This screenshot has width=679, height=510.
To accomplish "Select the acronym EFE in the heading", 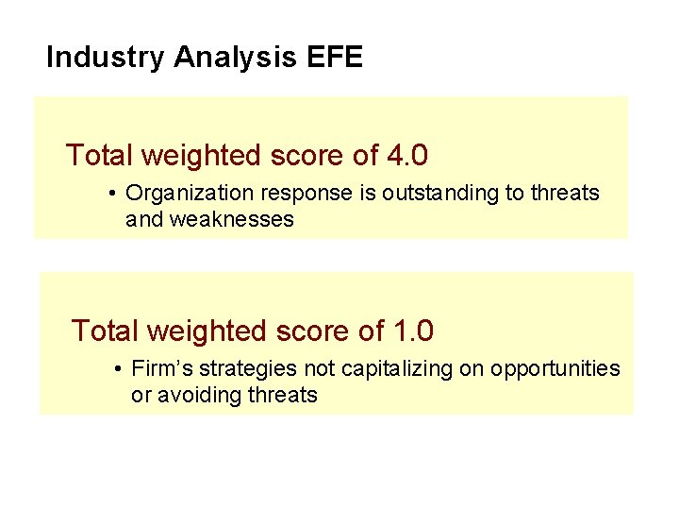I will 335,58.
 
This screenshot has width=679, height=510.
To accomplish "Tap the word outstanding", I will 439,194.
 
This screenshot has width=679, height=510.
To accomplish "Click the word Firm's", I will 160,368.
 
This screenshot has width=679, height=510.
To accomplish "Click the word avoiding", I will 201,395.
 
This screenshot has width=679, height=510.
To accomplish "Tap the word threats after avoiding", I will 282,395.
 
